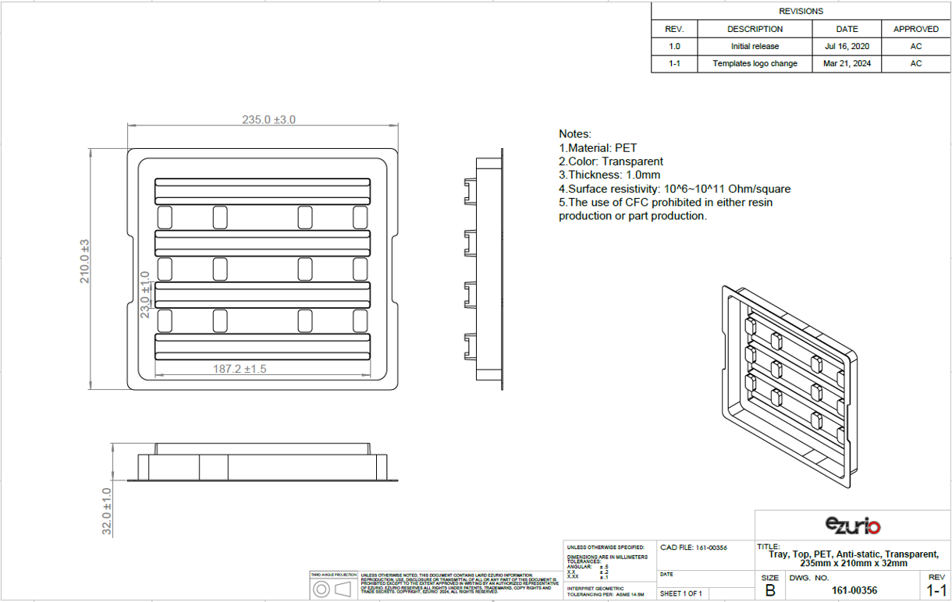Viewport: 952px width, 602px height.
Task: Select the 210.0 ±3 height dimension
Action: (x=85, y=261)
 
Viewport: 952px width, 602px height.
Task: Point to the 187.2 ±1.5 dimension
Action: (x=240, y=369)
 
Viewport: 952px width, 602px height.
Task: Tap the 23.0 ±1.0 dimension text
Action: (x=144, y=295)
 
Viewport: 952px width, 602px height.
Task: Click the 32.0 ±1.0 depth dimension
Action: (x=107, y=511)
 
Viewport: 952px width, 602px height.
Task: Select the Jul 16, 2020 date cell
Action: (x=846, y=46)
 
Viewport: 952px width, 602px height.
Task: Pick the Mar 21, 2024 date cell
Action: (x=846, y=63)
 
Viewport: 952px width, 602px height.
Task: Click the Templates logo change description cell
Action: (x=755, y=63)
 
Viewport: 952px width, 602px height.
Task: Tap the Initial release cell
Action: (x=755, y=46)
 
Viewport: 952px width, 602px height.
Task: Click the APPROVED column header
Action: (x=915, y=29)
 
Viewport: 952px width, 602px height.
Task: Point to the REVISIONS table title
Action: (x=801, y=11)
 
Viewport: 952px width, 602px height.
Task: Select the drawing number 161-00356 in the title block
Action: (x=854, y=590)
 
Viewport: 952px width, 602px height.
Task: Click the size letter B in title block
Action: (x=770, y=590)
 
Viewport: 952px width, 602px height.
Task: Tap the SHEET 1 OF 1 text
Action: (x=681, y=593)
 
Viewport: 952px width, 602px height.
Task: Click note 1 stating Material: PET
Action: (x=598, y=148)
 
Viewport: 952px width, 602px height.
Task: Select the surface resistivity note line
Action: (x=674, y=189)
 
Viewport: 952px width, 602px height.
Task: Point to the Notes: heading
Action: (x=575, y=134)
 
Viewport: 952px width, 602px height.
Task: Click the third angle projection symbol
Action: (x=333, y=590)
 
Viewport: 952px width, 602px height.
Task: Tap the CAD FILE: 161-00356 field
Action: (x=694, y=547)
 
